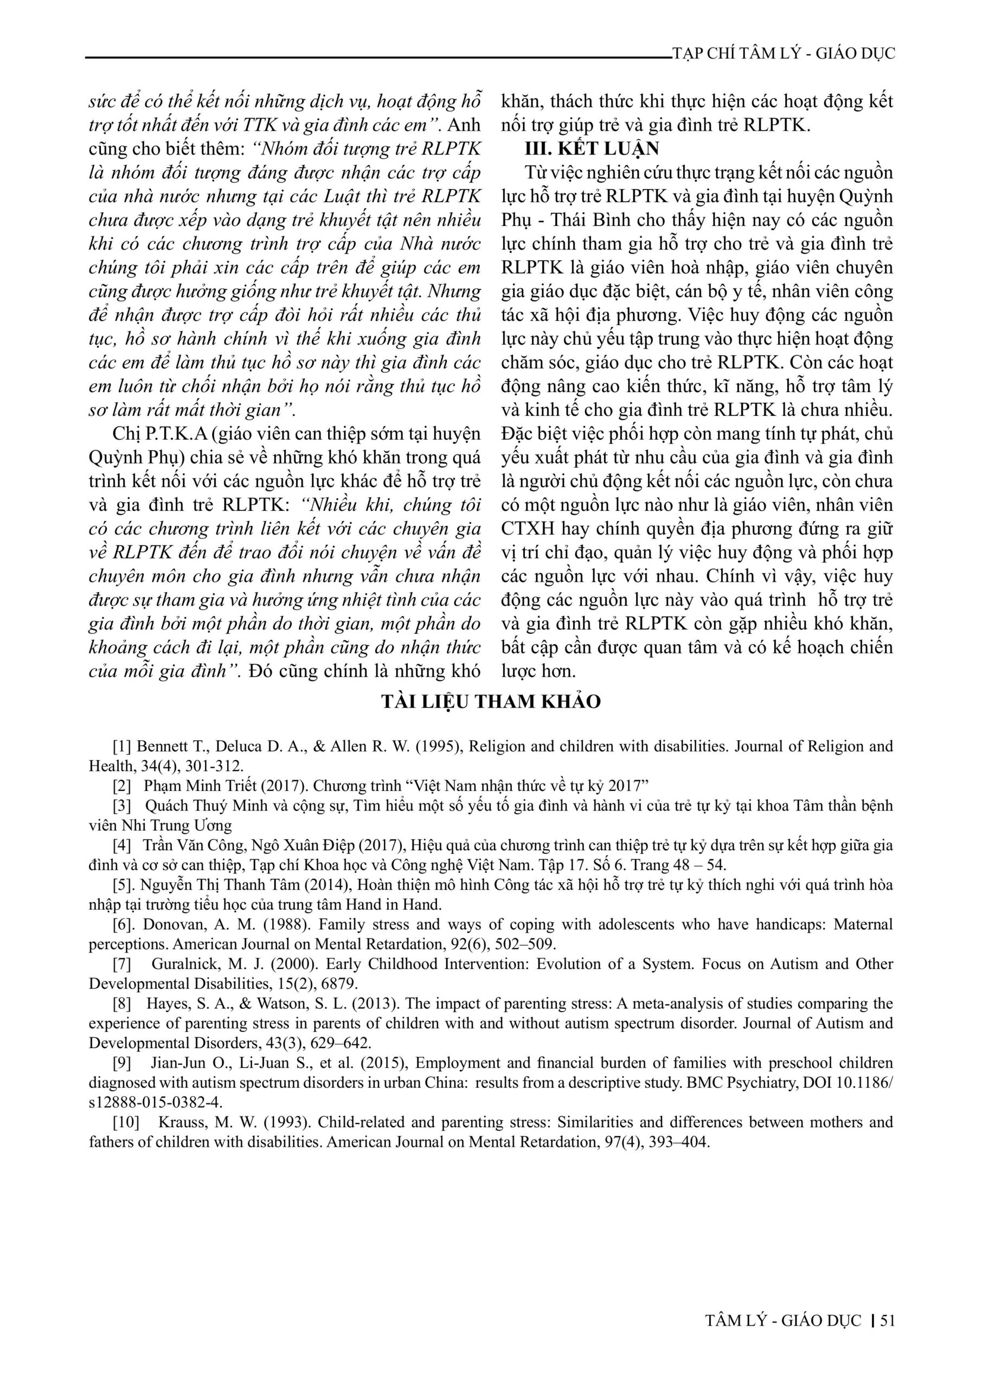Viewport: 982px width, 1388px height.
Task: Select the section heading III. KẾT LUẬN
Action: point(592,148)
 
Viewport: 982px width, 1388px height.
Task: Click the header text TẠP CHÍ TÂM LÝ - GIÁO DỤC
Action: point(784,54)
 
